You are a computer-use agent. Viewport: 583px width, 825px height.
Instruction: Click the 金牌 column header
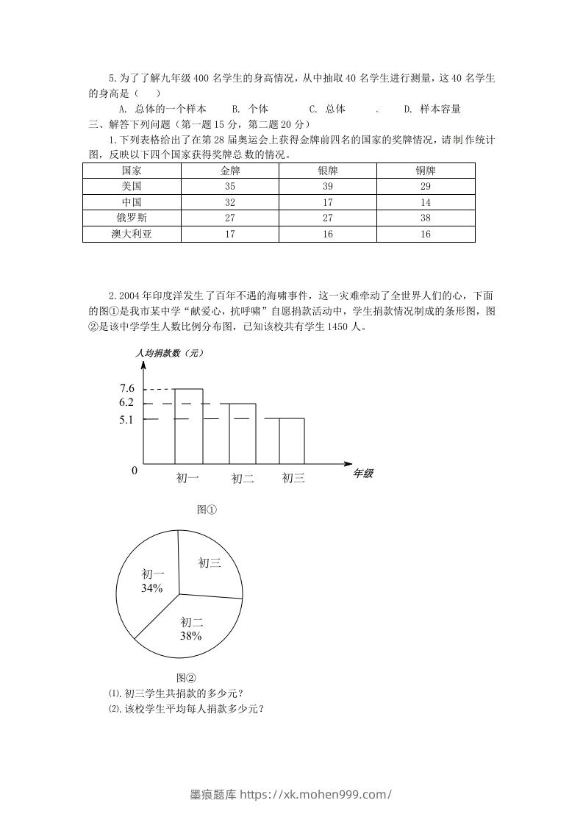pyautogui.click(x=230, y=170)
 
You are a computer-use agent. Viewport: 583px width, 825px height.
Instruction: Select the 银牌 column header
pyautogui.click(x=328, y=170)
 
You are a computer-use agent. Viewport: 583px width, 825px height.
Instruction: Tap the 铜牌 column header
pyautogui.click(x=426, y=170)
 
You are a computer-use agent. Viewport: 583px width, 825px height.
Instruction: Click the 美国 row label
pyautogui.click(x=132, y=186)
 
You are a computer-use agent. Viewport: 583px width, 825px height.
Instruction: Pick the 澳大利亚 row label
pyautogui.click(x=132, y=234)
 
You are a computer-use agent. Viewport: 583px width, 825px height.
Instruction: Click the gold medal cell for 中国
pyautogui.click(x=230, y=202)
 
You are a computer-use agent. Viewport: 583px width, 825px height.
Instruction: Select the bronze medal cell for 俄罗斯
pyautogui.click(x=426, y=218)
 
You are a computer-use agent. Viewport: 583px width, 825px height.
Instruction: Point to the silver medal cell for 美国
pyautogui.click(x=328, y=186)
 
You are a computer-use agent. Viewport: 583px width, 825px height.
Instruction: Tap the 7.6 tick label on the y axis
pyautogui.click(x=126, y=388)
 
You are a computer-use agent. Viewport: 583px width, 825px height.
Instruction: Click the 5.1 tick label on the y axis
pyautogui.click(x=126, y=420)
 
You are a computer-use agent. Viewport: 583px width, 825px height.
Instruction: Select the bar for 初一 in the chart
pyautogui.click(x=188, y=426)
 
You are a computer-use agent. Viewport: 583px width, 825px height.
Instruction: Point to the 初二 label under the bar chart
pyautogui.click(x=243, y=479)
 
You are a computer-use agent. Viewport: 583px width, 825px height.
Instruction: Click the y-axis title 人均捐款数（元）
pyautogui.click(x=170, y=353)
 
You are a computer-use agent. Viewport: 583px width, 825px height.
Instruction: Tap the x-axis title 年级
pyautogui.click(x=363, y=474)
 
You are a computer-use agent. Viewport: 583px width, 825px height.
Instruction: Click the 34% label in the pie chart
pyautogui.click(x=152, y=588)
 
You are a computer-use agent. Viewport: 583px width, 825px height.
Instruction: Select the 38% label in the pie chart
pyautogui.click(x=191, y=635)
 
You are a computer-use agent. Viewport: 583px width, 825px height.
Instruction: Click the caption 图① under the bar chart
pyautogui.click(x=207, y=509)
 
